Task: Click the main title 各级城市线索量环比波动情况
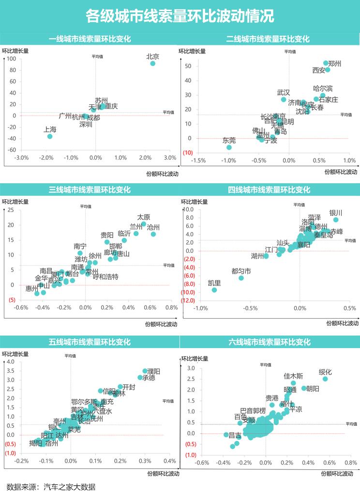tap(180, 16)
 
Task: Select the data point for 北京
tap(153, 63)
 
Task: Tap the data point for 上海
tap(50, 136)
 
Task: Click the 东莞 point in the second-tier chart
tap(229, 147)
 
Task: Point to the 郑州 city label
tap(335, 64)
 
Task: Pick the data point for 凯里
tap(214, 290)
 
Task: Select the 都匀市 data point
tap(241, 278)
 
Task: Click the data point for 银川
tap(336, 220)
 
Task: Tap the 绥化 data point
tap(325, 379)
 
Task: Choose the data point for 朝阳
tap(304, 388)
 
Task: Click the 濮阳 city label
tap(154, 371)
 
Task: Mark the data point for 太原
tap(144, 224)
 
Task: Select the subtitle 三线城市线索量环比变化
tap(90, 190)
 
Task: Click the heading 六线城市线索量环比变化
tap(269, 342)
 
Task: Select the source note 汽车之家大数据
tap(69, 487)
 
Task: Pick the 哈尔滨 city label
tap(323, 89)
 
